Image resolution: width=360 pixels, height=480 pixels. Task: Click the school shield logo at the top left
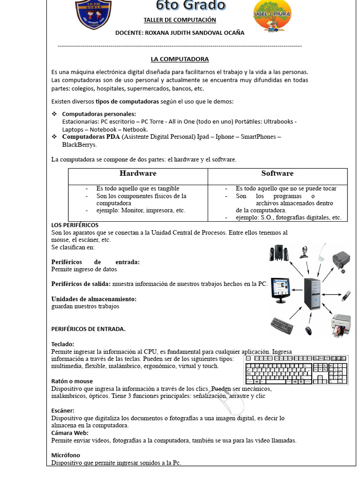(x=94, y=14)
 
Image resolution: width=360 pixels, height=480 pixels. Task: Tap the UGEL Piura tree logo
(x=272, y=15)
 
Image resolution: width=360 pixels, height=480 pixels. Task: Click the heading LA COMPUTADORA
(x=180, y=60)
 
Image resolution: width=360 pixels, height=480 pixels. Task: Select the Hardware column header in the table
(x=138, y=173)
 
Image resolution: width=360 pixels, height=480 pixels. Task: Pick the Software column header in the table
(x=277, y=173)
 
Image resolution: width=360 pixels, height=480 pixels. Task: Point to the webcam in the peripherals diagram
(x=305, y=252)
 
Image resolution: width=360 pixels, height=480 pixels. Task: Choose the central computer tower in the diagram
(x=313, y=293)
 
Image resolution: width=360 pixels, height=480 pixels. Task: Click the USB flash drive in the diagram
(x=345, y=295)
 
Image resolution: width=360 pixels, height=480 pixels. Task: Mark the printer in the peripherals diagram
(x=341, y=325)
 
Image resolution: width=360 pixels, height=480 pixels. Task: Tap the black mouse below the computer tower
(x=308, y=330)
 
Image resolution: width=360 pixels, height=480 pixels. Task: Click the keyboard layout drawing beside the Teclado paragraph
(x=296, y=370)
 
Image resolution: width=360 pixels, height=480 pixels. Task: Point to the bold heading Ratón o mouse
(x=72, y=381)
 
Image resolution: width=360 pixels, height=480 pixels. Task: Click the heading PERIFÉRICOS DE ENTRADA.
(x=88, y=329)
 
